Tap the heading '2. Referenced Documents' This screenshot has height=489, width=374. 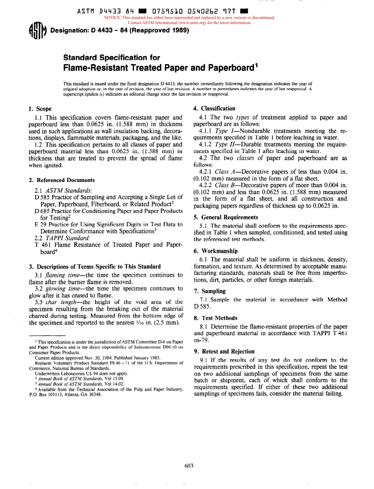click(62, 180)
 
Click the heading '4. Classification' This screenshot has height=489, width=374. click(214, 108)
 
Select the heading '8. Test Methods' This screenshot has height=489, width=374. click(215, 318)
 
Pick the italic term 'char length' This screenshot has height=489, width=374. click(59, 302)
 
